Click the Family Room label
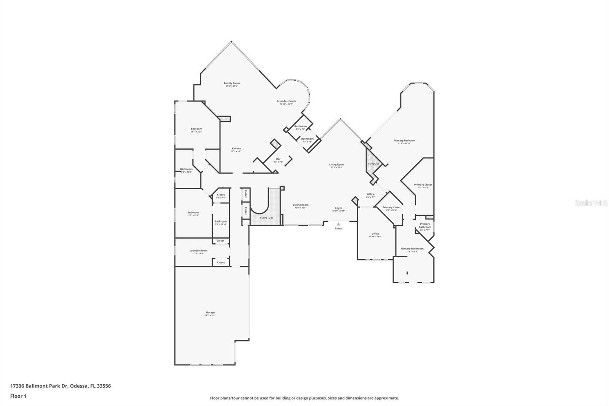(x=231, y=83)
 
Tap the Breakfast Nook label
(x=286, y=101)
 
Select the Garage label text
(x=210, y=313)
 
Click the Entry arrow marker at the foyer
(x=338, y=224)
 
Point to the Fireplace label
(x=373, y=164)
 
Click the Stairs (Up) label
(x=266, y=218)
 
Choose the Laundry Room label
(x=198, y=251)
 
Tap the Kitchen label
(x=236, y=149)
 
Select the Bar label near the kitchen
(x=278, y=159)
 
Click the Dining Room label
(x=300, y=205)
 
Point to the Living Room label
(x=336, y=165)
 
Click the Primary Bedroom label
(x=404, y=141)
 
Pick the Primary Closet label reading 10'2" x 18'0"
(x=423, y=185)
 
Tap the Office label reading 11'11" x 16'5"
(x=375, y=234)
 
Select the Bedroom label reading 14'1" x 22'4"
(x=196, y=129)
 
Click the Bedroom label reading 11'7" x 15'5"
(x=193, y=213)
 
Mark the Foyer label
(x=338, y=208)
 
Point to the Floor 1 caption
(x=18, y=396)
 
